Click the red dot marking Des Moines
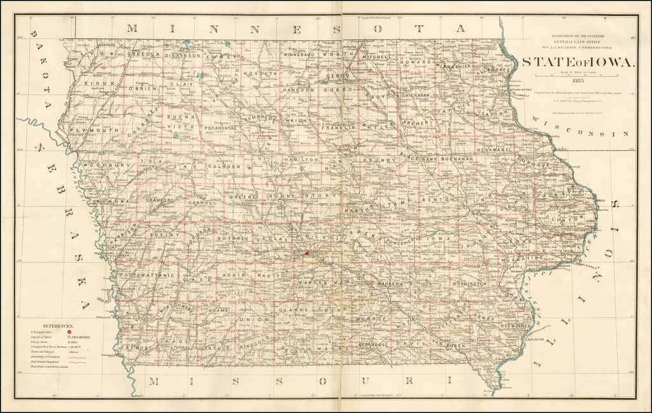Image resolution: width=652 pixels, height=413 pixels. coord(306,253)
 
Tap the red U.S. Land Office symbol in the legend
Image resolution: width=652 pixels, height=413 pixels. coord(69,333)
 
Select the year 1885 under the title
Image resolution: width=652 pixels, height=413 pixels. coord(578,80)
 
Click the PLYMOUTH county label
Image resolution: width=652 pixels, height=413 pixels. coord(94,130)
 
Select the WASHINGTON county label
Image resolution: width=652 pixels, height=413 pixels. coord(469,283)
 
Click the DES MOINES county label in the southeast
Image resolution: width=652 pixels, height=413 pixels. coord(516,326)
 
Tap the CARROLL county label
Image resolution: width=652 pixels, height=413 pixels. coord(202,203)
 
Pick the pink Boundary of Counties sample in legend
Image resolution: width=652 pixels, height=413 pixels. coord(78,358)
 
